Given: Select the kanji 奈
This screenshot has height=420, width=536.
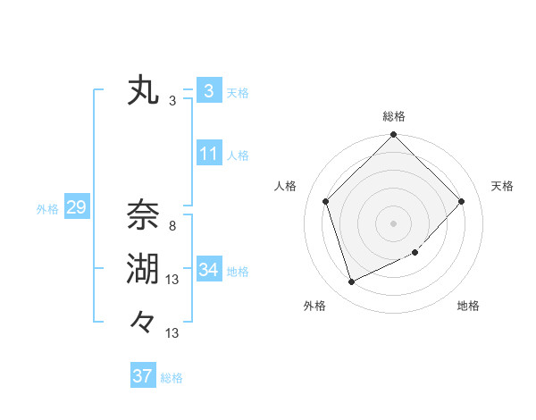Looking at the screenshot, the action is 143,214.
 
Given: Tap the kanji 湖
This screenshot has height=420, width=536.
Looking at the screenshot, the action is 143,267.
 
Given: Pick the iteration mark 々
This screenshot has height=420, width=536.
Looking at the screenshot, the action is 143,321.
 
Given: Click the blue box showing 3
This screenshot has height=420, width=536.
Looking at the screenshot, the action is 208,91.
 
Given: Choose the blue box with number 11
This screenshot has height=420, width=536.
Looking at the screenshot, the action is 208,154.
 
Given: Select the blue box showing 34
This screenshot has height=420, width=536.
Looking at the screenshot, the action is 208,270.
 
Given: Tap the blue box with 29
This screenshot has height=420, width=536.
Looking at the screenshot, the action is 76,208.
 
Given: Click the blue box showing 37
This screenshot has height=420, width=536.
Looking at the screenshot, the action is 142,376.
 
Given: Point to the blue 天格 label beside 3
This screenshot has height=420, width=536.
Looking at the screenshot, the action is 238,93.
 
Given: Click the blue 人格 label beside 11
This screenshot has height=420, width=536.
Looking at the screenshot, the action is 238,155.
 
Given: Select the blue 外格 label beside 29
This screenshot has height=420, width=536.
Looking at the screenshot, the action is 47,209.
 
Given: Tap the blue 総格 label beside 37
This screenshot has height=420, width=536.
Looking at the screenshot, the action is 172,378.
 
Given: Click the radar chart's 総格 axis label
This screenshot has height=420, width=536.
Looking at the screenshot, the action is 394,117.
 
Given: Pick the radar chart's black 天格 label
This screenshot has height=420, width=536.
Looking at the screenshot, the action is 503,186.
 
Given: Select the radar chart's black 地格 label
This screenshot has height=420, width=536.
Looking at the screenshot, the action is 468,307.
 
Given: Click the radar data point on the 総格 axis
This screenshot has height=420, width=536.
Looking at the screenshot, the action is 394,136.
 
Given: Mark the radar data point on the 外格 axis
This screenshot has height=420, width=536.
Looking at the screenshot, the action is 351,282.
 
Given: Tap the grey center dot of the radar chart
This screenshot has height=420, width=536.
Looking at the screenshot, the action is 394,223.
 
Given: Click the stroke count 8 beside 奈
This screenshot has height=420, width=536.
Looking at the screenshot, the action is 172,226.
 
